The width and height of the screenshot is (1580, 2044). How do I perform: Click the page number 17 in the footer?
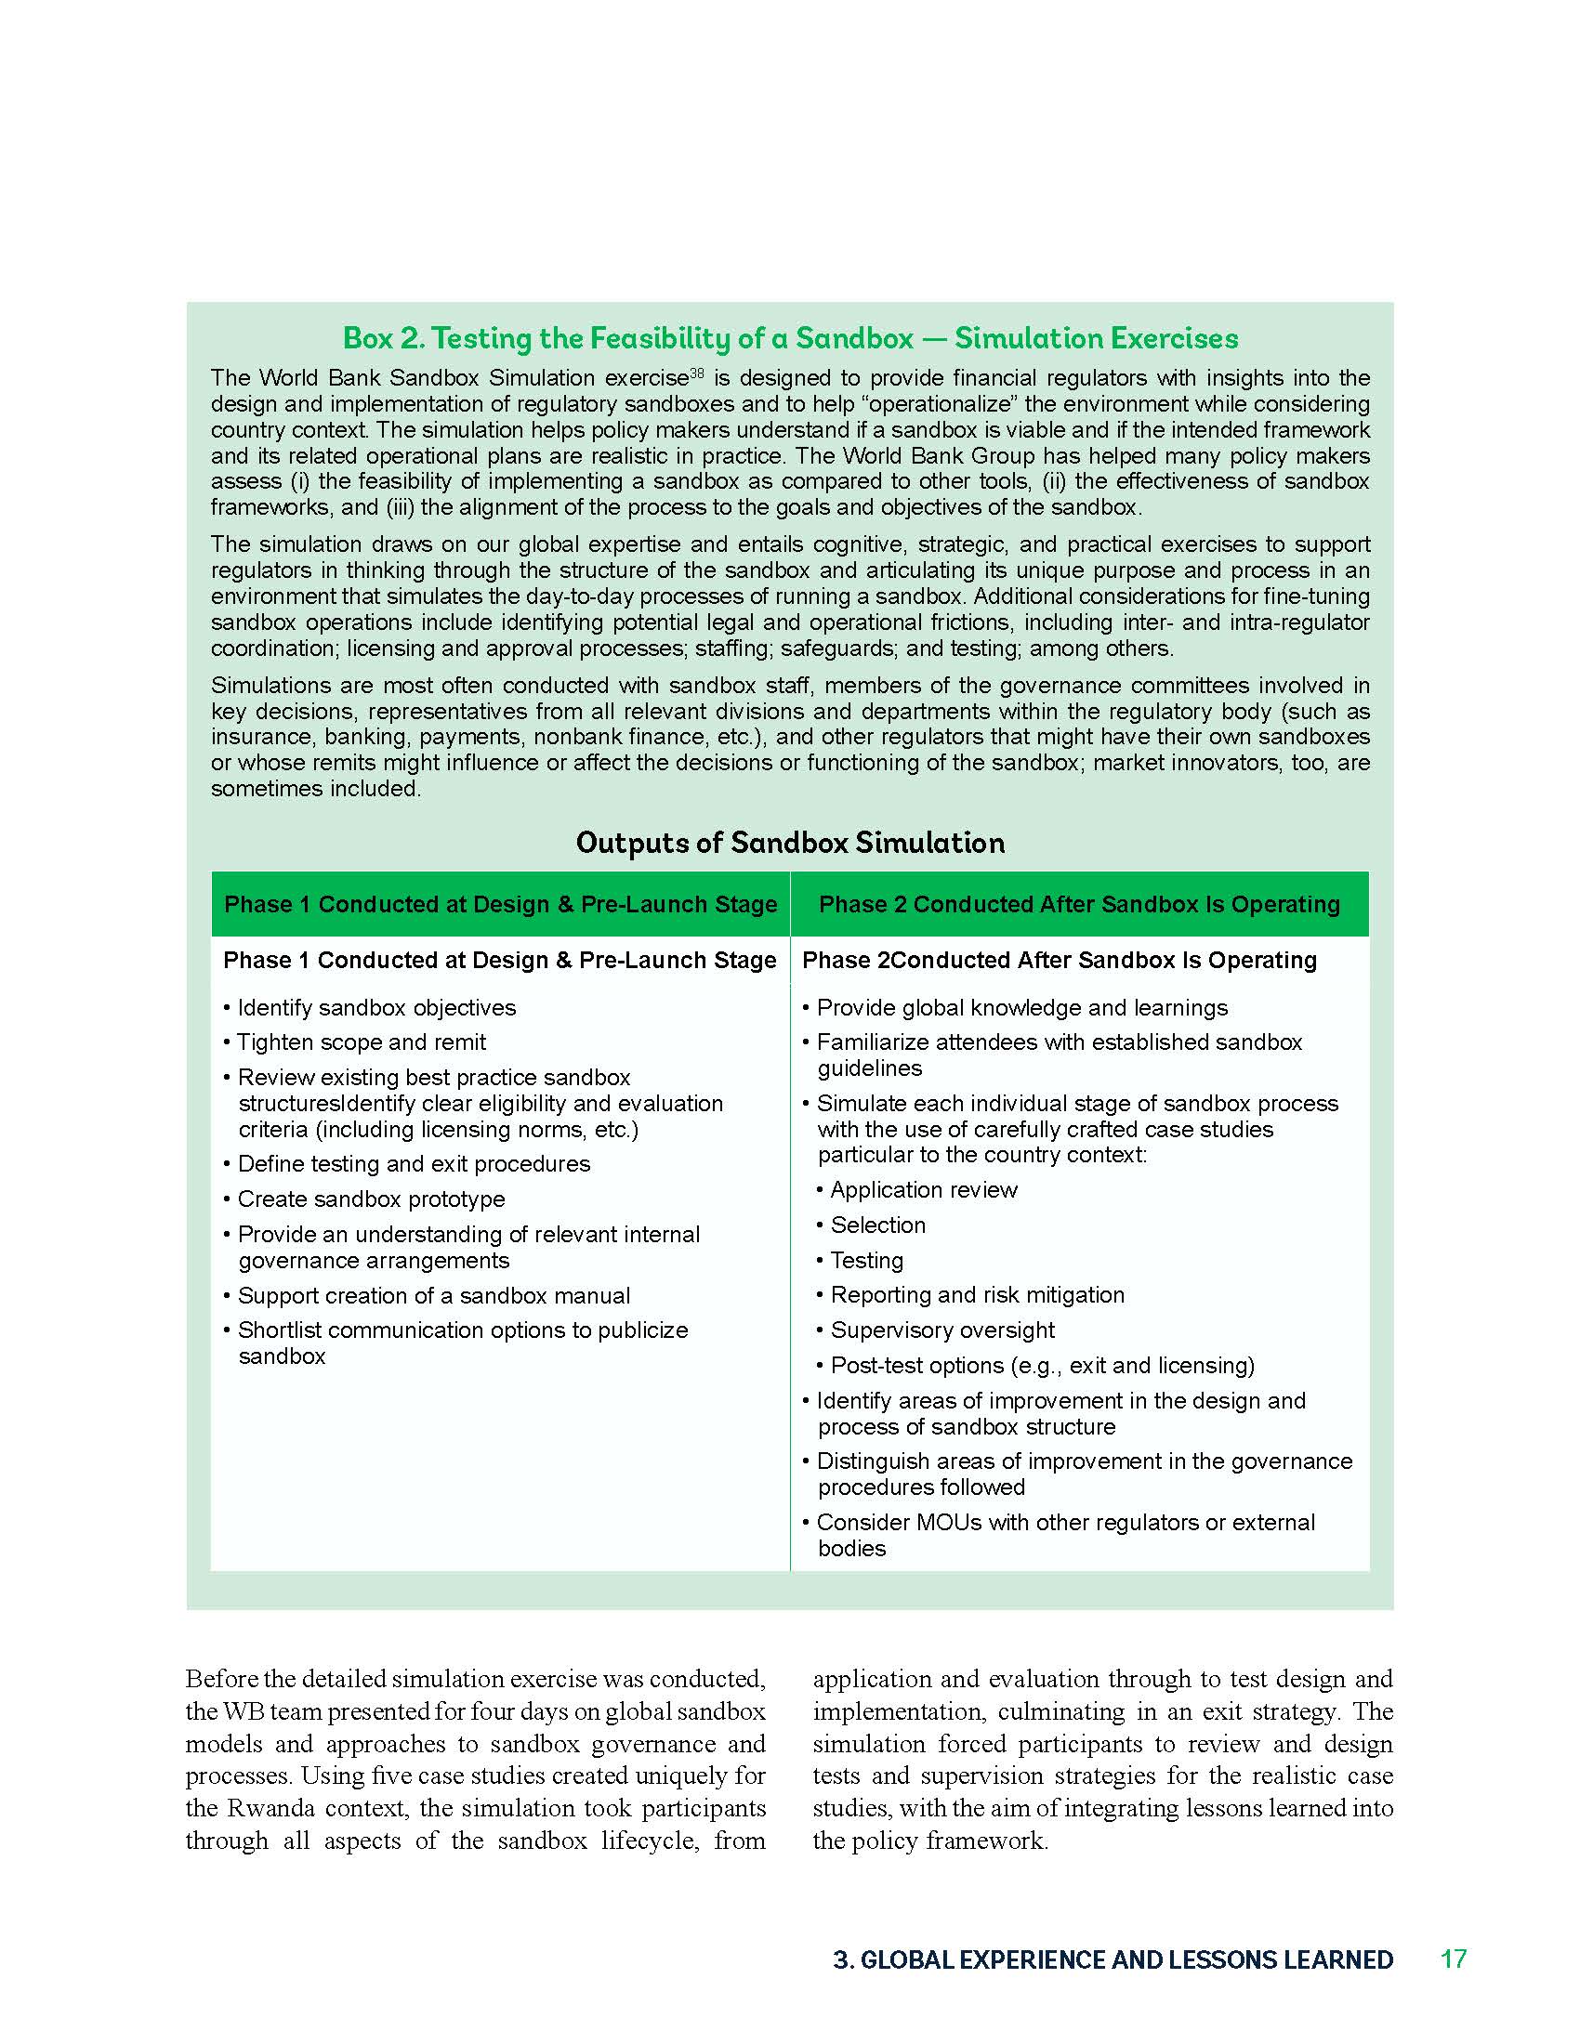(x=1453, y=1959)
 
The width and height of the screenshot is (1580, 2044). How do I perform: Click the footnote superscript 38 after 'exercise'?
(x=696, y=373)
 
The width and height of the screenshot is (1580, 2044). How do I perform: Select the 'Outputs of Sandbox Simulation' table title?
(x=789, y=843)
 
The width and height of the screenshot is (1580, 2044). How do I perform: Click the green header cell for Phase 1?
(x=500, y=904)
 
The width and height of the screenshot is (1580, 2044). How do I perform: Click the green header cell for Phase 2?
(x=1078, y=904)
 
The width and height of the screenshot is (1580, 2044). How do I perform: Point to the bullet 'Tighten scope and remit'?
(x=361, y=1042)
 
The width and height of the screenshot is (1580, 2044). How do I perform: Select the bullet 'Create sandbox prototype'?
(x=371, y=1199)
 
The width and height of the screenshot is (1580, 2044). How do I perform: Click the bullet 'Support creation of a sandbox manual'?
(x=432, y=1295)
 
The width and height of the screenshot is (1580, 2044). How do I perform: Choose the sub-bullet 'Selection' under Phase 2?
(x=877, y=1225)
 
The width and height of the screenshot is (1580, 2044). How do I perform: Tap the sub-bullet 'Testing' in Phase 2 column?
(x=867, y=1260)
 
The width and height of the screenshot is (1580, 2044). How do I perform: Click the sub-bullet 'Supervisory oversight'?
(x=941, y=1330)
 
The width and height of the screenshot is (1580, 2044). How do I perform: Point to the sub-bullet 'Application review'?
(x=923, y=1189)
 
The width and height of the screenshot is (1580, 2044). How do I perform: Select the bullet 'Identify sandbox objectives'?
(x=376, y=1007)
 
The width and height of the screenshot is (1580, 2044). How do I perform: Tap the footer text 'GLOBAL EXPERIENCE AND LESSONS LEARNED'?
(x=1126, y=1959)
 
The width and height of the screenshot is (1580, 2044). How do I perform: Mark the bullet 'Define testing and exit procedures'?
(x=413, y=1163)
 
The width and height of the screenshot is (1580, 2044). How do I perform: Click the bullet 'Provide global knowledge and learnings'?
(x=1021, y=1007)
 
